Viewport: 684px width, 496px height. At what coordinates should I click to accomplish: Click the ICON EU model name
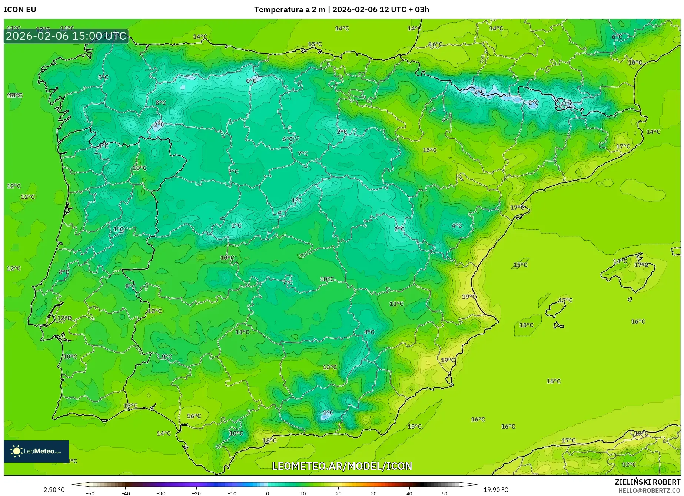(x=20, y=10)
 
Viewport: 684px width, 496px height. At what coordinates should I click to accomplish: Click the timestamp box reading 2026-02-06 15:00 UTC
(x=66, y=36)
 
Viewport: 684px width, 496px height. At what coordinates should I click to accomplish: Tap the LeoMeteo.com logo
(x=36, y=451)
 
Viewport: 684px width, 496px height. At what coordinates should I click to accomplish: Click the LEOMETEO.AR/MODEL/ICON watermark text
(x=342, y=466)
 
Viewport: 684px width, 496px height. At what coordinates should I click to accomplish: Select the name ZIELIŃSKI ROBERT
(x=647, y=482)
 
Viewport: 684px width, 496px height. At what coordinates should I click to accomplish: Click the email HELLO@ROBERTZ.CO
(x=649, y=490)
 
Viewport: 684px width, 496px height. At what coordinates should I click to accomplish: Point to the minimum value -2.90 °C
(x=53, y=490)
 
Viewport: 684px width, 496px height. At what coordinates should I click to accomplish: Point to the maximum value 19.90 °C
(x=496, y=490)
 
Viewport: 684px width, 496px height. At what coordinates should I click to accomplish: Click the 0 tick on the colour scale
(x=268, y=493)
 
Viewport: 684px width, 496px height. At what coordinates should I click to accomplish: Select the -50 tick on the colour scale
(x=90, y=493)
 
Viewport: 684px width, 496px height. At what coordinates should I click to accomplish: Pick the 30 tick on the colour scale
(x=374, y=493)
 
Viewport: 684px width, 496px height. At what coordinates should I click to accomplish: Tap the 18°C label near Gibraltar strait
(x=269, y=440)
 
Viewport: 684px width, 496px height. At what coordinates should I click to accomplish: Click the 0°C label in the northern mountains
(x=251, y=81)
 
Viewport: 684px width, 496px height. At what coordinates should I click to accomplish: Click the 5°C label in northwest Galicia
(x=103, y=77)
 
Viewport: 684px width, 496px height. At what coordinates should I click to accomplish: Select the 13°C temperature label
(x=330, y=367)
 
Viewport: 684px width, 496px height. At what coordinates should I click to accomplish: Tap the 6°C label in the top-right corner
(x=617, y=37)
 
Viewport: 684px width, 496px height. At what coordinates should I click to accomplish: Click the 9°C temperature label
(x=167, y=357)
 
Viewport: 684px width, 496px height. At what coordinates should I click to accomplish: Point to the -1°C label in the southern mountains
(x=328, y=413)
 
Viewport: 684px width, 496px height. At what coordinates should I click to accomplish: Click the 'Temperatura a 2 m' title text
(x=289, y=10)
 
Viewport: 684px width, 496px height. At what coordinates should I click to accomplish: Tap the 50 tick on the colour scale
(x=445, y=493)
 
